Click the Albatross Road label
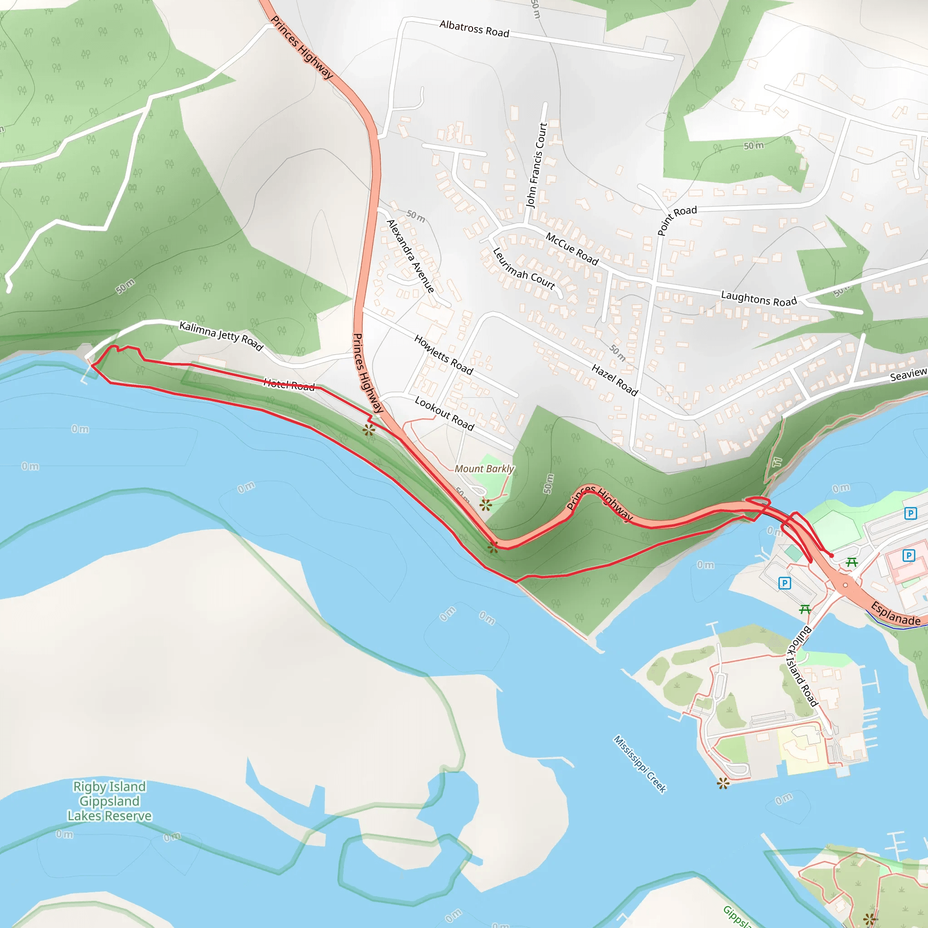click(x=474, y=29)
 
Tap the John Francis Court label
click(x=537, y=165)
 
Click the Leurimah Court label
click(x=523, y=270)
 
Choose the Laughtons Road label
click(x=759, y=298)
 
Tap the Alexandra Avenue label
click(x=411, y=256)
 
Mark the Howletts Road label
click(x=444, y=355)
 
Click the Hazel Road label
click(x=614, y=380)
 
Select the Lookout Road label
click(x=445, y=414)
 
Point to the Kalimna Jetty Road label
click(x=221, y=336)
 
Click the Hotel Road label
click(x=289, y=384)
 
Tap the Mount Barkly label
click(x=484, y=469)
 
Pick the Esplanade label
click(x=896, y=614)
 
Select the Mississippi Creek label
click(x=640, y=764)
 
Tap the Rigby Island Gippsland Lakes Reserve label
click(x=110, y=801)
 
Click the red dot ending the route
click(x=831, y=556)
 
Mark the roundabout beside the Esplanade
click(x=846, y=585)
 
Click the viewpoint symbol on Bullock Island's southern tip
click(x=723, y=783)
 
